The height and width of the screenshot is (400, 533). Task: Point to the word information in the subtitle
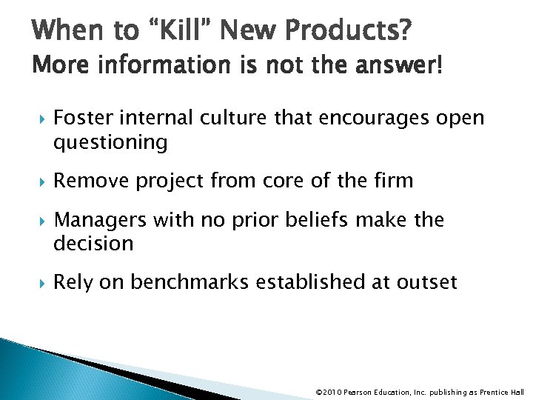pyautogui.click(x=152, y=68)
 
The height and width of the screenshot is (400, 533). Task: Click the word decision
pyautogui.click(x=94, y=242)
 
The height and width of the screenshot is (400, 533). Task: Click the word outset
pyautogui.click(x=428, y=281)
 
